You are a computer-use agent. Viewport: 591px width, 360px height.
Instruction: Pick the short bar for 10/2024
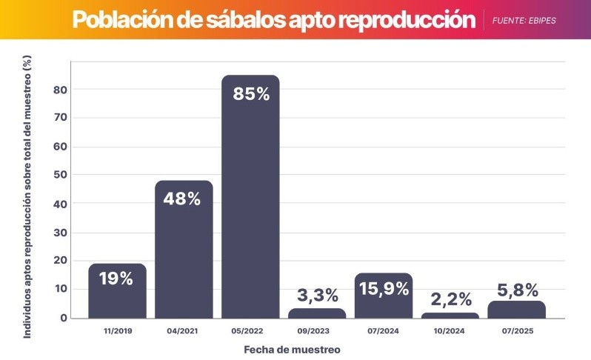450,316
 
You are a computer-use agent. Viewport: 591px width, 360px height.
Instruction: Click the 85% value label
250,95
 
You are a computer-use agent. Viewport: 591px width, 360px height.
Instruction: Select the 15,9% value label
384,289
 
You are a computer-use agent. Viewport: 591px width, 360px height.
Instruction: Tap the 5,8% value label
517,290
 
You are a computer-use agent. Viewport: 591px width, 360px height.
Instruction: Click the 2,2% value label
450,299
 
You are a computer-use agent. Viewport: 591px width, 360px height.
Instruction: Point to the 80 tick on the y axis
60,90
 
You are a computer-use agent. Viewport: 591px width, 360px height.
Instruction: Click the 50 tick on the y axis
60,176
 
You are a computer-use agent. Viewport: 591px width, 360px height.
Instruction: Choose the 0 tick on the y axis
64,318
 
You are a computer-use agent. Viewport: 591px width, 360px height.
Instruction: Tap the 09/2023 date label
317,331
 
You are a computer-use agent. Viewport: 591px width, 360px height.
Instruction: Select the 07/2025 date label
517,331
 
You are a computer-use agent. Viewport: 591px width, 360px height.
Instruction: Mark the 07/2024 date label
384,331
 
